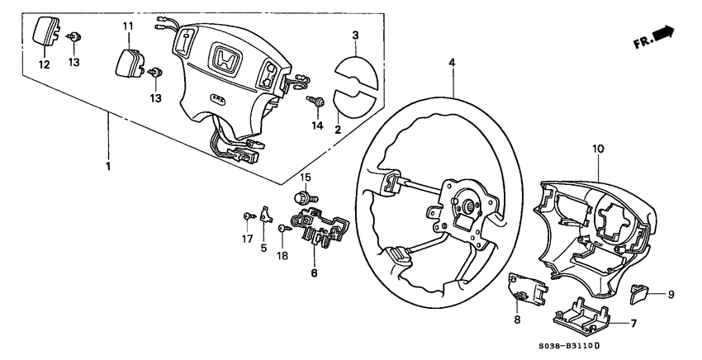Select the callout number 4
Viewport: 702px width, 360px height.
tap(453, 63)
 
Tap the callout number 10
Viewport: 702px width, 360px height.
tap(598, 149)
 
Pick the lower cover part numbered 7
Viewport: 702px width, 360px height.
tap(578, 318)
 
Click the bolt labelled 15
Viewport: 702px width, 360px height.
tap(305, 197)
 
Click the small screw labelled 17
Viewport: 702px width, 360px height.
tap(248, 216)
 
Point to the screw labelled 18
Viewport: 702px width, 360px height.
tap(283, 228)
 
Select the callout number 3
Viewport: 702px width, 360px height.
tap(354, 36)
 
